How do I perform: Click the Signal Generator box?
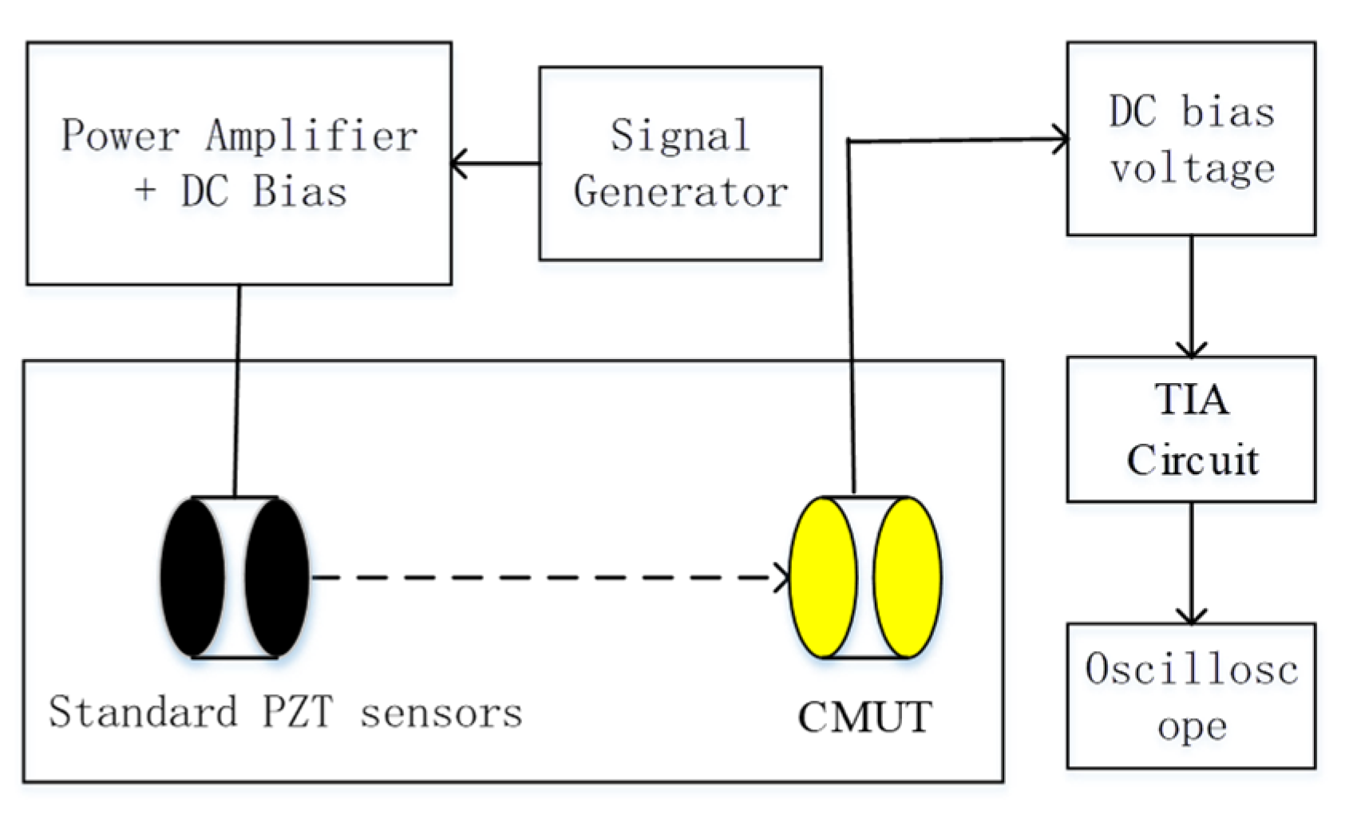point(680,164)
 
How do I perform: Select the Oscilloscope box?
point(1191,696)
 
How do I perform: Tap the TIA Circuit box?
point(1191,429)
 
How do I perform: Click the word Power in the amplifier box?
point(120,136)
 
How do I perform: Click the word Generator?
point(680,192)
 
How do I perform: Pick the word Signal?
point(680,136)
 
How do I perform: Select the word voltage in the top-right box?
point(1192,169)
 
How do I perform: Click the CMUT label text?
point(864,717)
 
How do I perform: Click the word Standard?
point(144,711)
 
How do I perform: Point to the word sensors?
point(441,713)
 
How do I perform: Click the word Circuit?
point(1192,460)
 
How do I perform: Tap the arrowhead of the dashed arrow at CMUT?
point(782,577)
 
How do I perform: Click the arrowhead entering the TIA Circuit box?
point(1192,350)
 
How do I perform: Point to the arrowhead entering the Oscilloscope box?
point(1192,616)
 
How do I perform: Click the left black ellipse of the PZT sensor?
point(192,577)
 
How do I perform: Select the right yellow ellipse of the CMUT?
point(908,577)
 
